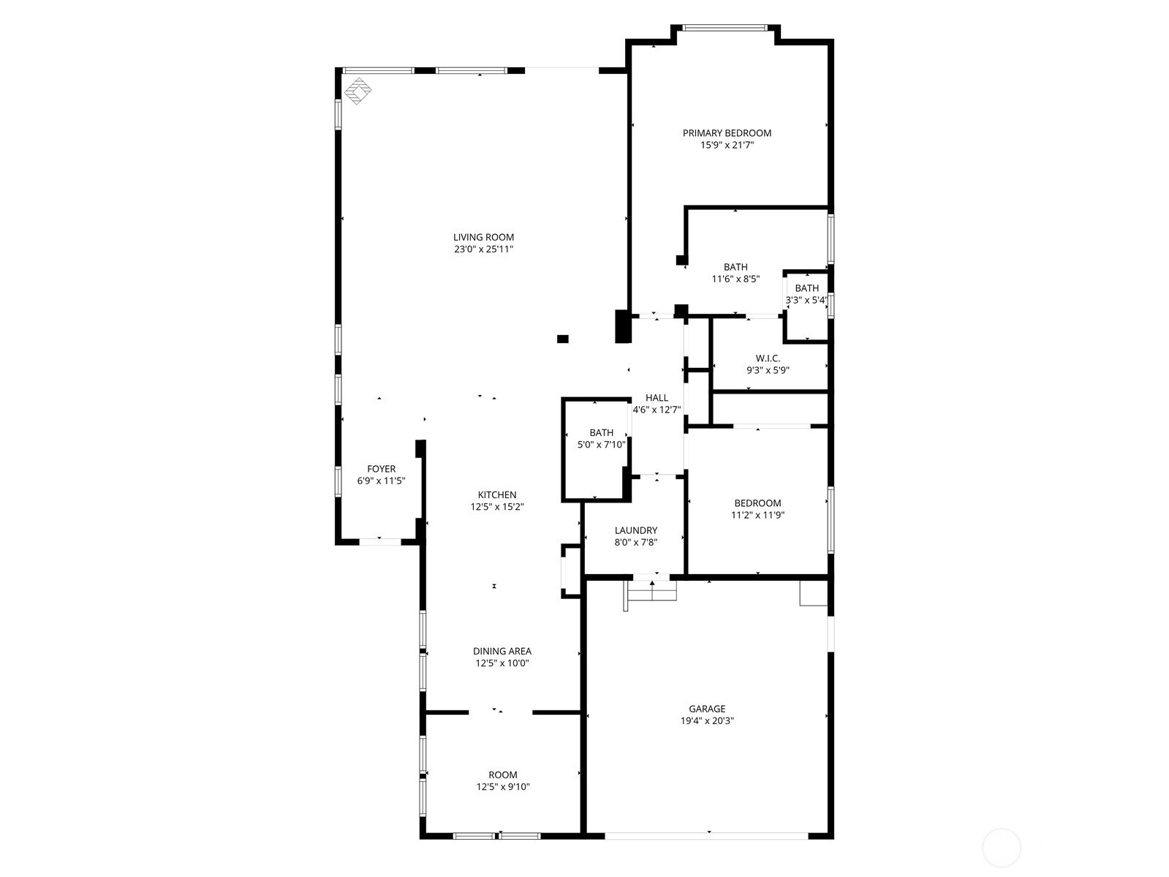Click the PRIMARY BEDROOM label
727,132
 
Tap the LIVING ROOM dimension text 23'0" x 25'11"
483,249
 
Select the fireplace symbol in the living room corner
357,91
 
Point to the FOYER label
381,469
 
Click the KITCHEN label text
496,494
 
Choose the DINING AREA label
502,651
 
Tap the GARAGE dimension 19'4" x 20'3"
707,721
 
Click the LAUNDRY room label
635,530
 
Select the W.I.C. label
768,358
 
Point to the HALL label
656,397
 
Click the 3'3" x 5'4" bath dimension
806,300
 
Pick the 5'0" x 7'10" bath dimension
601,445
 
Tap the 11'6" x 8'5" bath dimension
735,279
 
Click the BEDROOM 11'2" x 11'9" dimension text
757,515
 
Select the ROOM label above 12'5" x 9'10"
502,775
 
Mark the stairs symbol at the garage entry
650,592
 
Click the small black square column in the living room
562,339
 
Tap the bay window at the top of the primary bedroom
725,28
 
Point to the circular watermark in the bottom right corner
1001,848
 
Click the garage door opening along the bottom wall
706,835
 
